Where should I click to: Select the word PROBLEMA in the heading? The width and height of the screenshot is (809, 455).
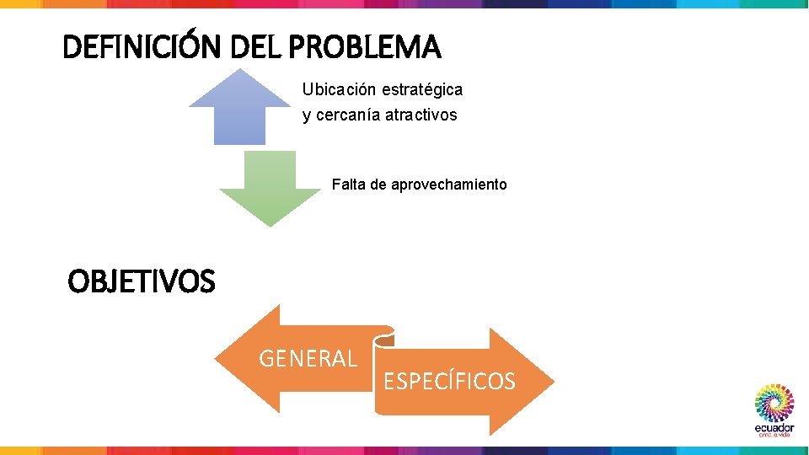[x=364, y=48]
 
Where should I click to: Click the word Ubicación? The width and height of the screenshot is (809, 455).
[x=340, y=88]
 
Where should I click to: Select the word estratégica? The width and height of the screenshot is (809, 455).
[x=422, y=88]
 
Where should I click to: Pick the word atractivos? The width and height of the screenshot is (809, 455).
[x=421, y=115]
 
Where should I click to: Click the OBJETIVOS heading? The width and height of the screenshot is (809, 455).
[x=142, y=281]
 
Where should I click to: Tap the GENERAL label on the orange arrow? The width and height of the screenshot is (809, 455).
[x=308, y=359]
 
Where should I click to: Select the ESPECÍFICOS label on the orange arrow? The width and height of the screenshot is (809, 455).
[x=449, y=382]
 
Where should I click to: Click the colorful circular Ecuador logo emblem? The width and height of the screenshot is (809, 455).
[x=774, y=403]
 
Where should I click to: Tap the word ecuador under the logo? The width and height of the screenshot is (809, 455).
[x=774, y=427]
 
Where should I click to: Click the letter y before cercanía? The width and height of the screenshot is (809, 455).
[x=307, y=115]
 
